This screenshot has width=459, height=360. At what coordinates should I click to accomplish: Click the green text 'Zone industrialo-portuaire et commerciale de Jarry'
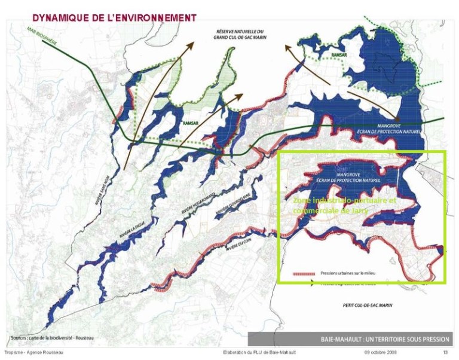[x=345, y=206]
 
